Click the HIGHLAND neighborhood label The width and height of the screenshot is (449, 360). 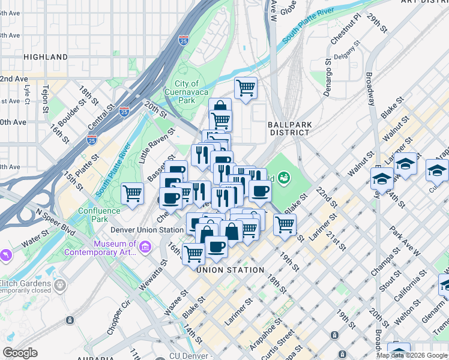(x=46, y=57)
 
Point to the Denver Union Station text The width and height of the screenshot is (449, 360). (x=146, y=230)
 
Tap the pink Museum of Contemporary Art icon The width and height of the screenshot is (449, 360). (x=145, y=247)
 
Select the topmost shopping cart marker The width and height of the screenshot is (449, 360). (x=246, y=89)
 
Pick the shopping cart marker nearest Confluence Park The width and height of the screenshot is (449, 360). (x=132, y=194)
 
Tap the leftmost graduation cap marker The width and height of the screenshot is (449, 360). (x=382, y=178)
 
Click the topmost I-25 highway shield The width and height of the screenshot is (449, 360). (x=184, y=41)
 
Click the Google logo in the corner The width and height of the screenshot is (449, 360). (x=20, y=353)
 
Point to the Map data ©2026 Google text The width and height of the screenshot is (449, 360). (x=412, y=355)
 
